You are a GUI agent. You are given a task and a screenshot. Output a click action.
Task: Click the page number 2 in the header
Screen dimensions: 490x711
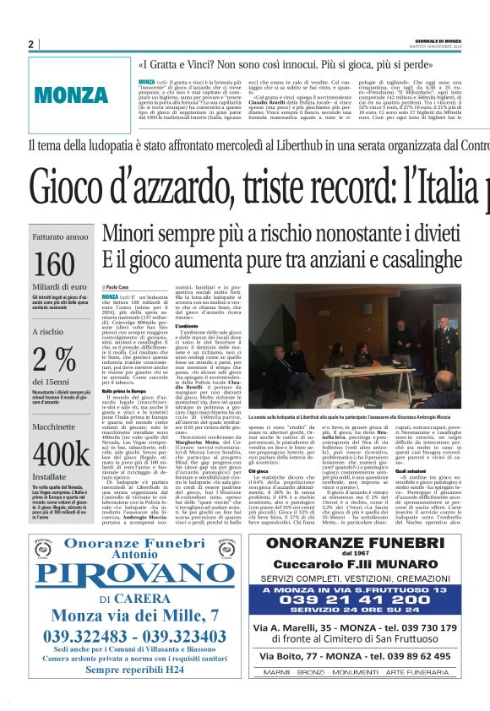pos(30,44)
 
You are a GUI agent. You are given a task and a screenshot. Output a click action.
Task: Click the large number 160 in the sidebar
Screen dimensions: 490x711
pos(55,264)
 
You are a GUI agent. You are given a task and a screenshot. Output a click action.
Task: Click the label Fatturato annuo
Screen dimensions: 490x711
pos(59,237)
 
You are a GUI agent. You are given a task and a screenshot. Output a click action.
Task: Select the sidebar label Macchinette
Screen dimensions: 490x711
pos(57,427)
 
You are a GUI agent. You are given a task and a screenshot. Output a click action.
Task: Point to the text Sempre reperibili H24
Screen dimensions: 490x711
pos(126,666)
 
